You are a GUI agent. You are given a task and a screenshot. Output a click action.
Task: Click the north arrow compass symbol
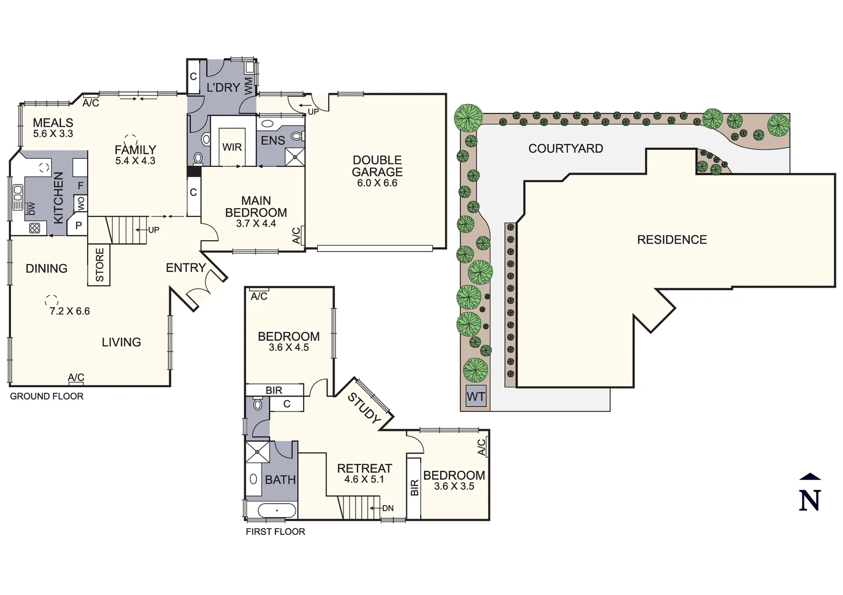click(x=809, y=493)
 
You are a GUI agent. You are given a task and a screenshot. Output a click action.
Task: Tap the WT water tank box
click(x=476, y=397)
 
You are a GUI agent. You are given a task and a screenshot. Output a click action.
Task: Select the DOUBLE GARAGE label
click(x=377, y=166)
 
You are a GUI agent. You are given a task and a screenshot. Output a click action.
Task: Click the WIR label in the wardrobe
click(x=232, y=147)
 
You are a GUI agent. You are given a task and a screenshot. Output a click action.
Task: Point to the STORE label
click(x=100, y=265)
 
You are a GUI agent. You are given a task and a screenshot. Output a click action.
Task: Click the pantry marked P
click(x=78, y=225)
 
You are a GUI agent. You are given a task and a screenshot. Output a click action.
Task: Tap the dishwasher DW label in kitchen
click(x=31, y=209)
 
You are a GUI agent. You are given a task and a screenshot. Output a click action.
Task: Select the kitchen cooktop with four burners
click(x=34, y=228)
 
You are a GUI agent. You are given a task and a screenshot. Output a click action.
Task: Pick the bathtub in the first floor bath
click(x=277, y=511)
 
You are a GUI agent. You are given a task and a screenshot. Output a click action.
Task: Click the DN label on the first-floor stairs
click(x=388, y=508)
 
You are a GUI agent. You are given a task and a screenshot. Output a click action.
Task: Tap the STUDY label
click(x=364, y=408)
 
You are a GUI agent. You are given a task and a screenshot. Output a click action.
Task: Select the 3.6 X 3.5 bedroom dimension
click(x=454, y=486)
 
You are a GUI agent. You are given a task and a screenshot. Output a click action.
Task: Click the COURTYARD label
click(x=566, y=148)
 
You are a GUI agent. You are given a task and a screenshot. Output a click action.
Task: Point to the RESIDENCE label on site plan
click(x=672, y=240)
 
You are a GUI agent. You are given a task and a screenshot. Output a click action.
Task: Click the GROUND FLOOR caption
click(x=47, y=396)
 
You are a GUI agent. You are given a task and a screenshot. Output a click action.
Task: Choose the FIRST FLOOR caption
click(x=275, y=532)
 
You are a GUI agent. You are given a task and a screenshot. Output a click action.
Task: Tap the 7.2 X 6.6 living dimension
click(x=69, y=311)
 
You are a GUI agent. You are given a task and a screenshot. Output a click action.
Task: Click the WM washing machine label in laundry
click(x=249, y=85)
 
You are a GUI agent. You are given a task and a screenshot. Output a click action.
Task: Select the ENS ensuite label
click(x=273, y=140)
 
